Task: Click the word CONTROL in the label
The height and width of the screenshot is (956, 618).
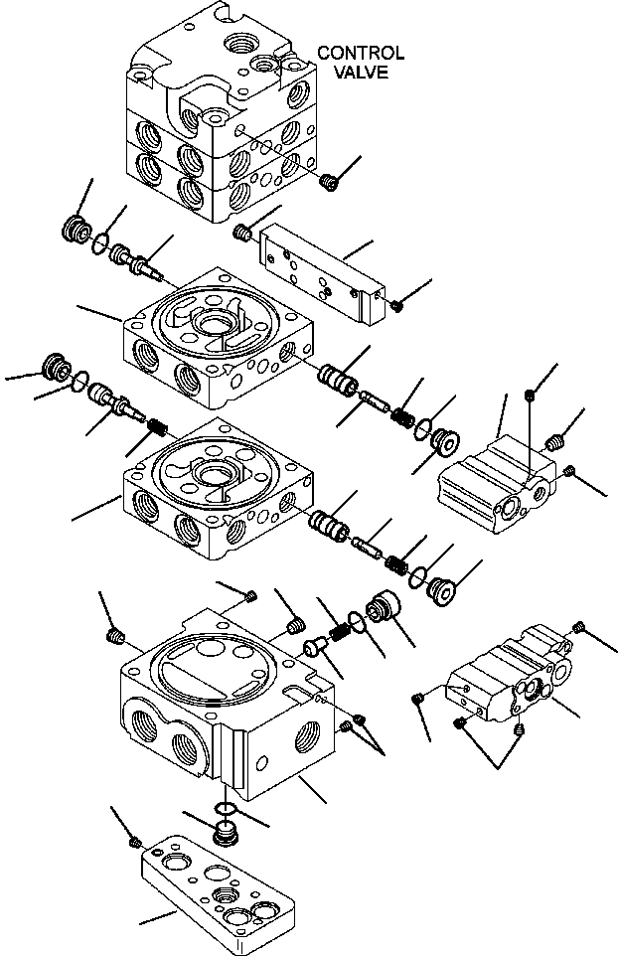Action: click(360, 53)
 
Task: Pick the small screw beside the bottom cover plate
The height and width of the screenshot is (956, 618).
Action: click(135, 843)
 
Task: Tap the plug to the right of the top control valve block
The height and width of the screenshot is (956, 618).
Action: click(331, 181)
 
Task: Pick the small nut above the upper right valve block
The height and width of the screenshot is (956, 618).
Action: click(530, 396)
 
